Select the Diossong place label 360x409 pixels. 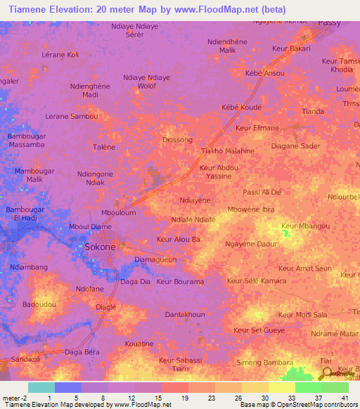coord(177,139)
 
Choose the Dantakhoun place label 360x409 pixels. coord(185,315)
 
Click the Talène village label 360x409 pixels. coord(104,146)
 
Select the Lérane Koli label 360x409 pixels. coord(60,54)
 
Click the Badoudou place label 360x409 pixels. coord(38,304)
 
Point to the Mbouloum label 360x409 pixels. coord(118,212)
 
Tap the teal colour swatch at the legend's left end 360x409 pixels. coord(41,387)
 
